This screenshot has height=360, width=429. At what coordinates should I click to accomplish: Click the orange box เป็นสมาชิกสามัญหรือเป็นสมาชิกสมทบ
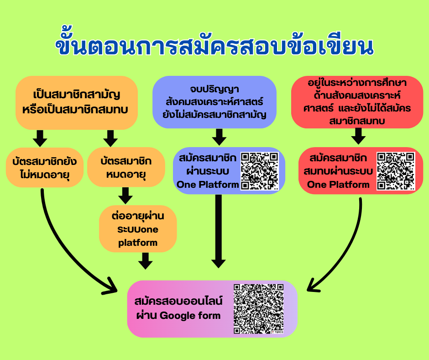tap(77, 103)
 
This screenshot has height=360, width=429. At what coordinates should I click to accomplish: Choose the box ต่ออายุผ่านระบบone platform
tap(138, 228)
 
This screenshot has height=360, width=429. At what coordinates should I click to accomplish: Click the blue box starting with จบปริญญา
tap(214, 102)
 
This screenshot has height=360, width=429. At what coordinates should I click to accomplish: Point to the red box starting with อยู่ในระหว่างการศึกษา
tap(357, 102)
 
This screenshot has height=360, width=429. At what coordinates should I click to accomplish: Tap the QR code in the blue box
tap(260, 171)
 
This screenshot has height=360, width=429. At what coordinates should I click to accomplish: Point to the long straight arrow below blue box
tap(219, 231)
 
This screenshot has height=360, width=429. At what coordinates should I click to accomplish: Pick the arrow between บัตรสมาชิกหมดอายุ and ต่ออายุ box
tap(125, 196)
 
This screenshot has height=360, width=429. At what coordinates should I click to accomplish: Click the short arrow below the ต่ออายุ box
tap(146, 261)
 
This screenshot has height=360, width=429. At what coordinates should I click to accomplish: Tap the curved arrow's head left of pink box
tap(111, 286)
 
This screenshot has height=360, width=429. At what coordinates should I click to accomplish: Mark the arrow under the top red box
tap(358, 136)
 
